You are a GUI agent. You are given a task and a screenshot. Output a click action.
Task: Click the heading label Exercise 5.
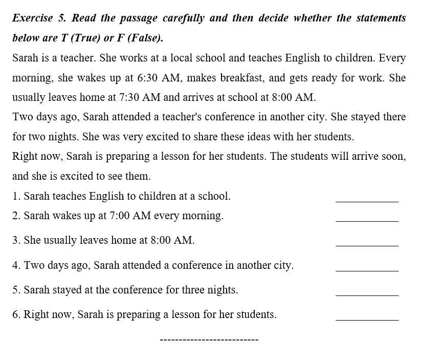[x=39, y=18]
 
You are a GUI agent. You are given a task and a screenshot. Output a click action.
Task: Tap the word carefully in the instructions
[x=183, y=18]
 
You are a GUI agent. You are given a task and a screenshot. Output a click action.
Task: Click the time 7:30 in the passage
[x=129, y=97]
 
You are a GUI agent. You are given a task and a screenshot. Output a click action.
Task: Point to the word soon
[x=394, y=156]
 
